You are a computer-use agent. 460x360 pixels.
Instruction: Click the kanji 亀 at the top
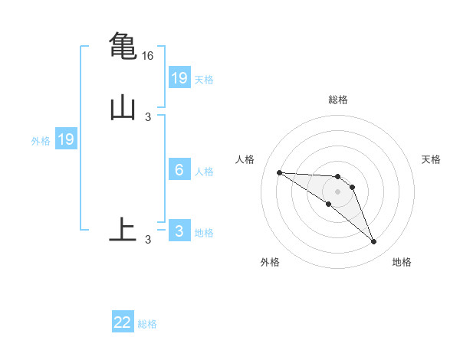123,46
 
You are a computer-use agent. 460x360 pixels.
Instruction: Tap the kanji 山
123,108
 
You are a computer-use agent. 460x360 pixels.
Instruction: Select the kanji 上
123,229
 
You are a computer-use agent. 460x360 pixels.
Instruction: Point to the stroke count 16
148,56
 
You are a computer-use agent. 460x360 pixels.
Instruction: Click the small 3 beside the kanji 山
148,116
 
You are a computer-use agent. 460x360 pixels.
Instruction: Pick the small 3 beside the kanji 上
148,240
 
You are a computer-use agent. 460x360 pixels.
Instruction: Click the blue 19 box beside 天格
179,77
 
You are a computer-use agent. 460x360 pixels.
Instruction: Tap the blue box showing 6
179,170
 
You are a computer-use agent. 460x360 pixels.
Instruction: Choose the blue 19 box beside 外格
66,139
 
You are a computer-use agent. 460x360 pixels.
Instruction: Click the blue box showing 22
123,322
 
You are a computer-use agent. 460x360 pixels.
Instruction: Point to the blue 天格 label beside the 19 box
204,79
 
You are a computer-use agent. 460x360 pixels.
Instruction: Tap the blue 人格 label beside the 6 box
204,172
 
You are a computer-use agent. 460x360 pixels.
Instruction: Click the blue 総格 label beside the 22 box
147,324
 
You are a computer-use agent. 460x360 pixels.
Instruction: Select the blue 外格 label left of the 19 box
41,141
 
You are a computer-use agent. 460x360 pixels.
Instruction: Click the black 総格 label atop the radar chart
338,100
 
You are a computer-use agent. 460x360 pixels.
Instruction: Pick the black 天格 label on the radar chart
431,159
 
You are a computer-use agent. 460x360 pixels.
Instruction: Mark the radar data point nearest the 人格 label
280,172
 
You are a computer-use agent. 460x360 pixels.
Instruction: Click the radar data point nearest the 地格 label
374,242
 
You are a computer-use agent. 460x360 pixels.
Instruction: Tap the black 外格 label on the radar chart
270,262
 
